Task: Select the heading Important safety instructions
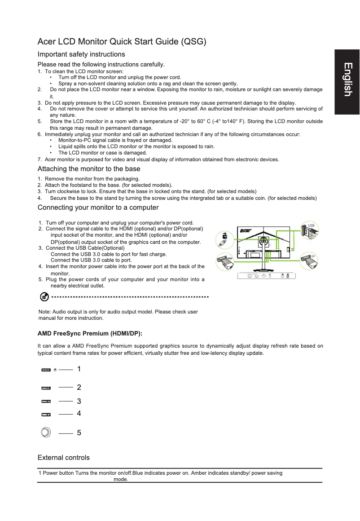coord(81,54)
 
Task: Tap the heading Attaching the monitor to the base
coord(89,169)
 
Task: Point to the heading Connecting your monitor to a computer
coord(98,208)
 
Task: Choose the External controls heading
coord(63,458)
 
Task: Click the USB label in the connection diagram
coord(311,225)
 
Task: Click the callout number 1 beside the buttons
coord(79,369)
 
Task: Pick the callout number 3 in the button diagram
coord(79,401)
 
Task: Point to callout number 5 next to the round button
coord(79,433)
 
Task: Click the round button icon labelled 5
coord(45,433)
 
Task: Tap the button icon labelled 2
coord(46,387)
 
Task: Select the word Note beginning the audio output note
coord(45,312)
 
